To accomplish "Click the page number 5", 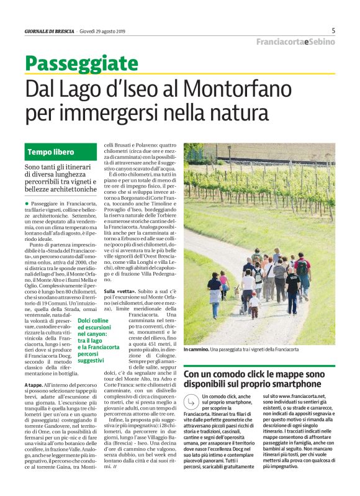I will tap(333, 30).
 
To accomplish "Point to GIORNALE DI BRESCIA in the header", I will tap(50, 31).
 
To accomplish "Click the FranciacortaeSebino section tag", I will tap(296, 42).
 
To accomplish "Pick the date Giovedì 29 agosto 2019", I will tap(101, 31).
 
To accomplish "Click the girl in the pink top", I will tap(223, 282).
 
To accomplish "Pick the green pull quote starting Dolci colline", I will tap(90, 340).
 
